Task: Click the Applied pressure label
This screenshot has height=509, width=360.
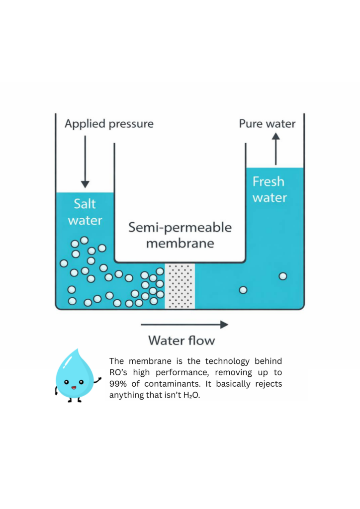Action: [109, 123]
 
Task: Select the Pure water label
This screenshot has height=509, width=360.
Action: [267, 123]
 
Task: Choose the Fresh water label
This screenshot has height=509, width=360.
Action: [269, 189]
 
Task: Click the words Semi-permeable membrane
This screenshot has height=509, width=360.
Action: [180, 236]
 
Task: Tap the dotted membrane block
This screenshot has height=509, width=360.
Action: [180, 286]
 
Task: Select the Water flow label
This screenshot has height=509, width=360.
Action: [182, 340]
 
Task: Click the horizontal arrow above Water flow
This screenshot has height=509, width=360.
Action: [184, 325]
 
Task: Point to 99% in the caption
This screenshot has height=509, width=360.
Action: [118, 384]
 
